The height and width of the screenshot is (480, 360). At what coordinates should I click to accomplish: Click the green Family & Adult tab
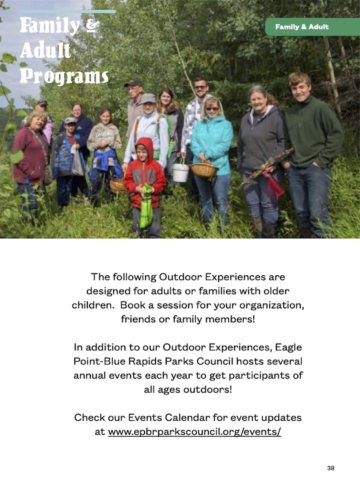(312, 27)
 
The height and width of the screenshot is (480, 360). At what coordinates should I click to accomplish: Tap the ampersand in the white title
(92, 26)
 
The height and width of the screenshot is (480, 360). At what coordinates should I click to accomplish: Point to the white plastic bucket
(180, 172)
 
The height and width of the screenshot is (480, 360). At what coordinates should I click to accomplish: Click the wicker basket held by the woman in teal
(204, 170)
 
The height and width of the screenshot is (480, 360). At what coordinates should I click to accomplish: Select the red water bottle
(274, 183)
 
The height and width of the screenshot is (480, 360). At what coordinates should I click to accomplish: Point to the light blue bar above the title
(68, 12)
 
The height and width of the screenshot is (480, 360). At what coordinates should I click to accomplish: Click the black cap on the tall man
(133, 83)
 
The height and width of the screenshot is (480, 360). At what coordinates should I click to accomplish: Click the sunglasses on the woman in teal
(212, 109)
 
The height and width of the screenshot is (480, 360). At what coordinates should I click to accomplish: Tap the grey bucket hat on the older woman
(148, 98)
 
